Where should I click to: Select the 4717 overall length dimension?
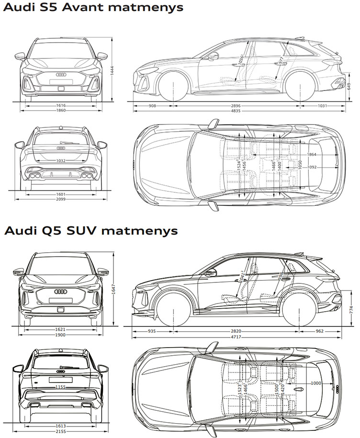point(235,337)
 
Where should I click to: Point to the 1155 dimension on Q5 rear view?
point(60,387)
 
